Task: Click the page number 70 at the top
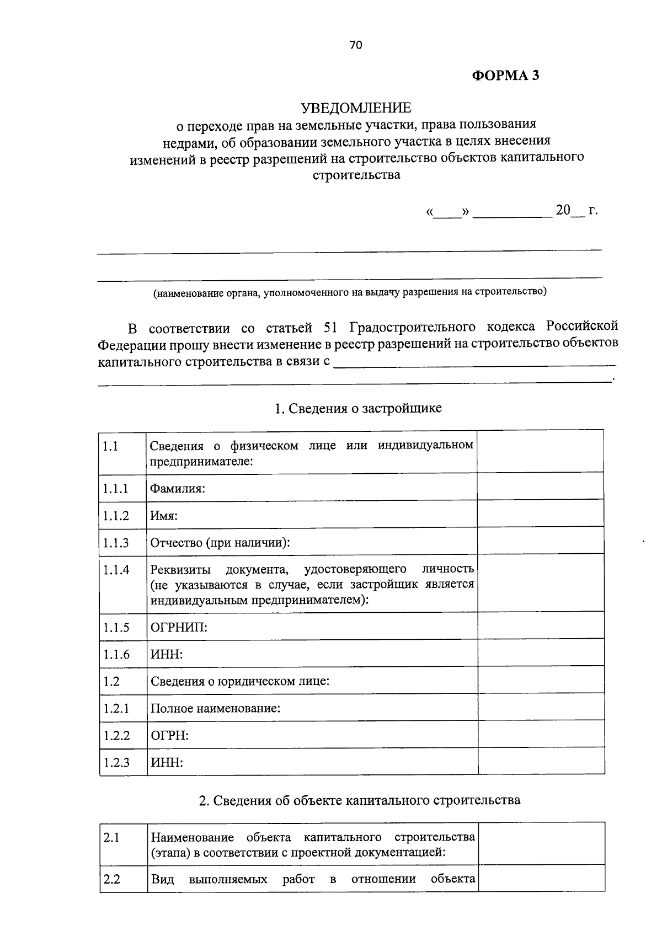pos(355,46)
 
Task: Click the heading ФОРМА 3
pos(505,76)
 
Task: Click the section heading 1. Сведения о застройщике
pos(358,408)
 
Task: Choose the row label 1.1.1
pos(115,488)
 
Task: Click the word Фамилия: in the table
pos(178,488)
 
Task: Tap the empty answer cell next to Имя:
pos(540,515)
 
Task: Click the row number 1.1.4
pos(115,570)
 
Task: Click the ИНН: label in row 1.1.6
pos(167,654)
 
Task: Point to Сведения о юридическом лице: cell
pos(240,681)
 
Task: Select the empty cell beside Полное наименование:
pos(541,708)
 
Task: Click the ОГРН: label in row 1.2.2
pos(169,735)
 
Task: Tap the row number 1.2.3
pos(115,762)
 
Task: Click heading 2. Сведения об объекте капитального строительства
pos(359,800)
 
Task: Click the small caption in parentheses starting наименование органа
pos(350,292)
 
